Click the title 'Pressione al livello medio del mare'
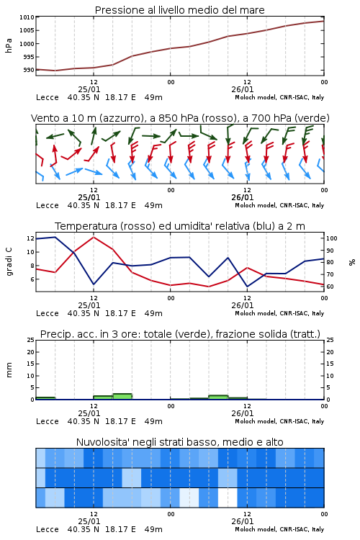pos(179,10)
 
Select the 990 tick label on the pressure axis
pos(29,70)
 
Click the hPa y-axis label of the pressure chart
pos(9,45)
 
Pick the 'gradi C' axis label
pos(9,261)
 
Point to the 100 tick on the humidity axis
pos(332,238)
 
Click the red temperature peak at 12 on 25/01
pos(94,237)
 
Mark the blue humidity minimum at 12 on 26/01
pos(248,286)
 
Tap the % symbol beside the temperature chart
pos(352,262)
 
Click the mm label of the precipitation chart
pos(9,370)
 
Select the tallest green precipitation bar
pos(122,397)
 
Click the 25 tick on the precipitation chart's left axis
pos(31,340)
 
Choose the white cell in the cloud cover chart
pos(228,498)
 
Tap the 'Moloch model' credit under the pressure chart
pos(256,97)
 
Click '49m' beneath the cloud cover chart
pos(153,529)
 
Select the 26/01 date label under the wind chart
pos(243,198)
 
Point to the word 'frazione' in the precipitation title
pos(234,334)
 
